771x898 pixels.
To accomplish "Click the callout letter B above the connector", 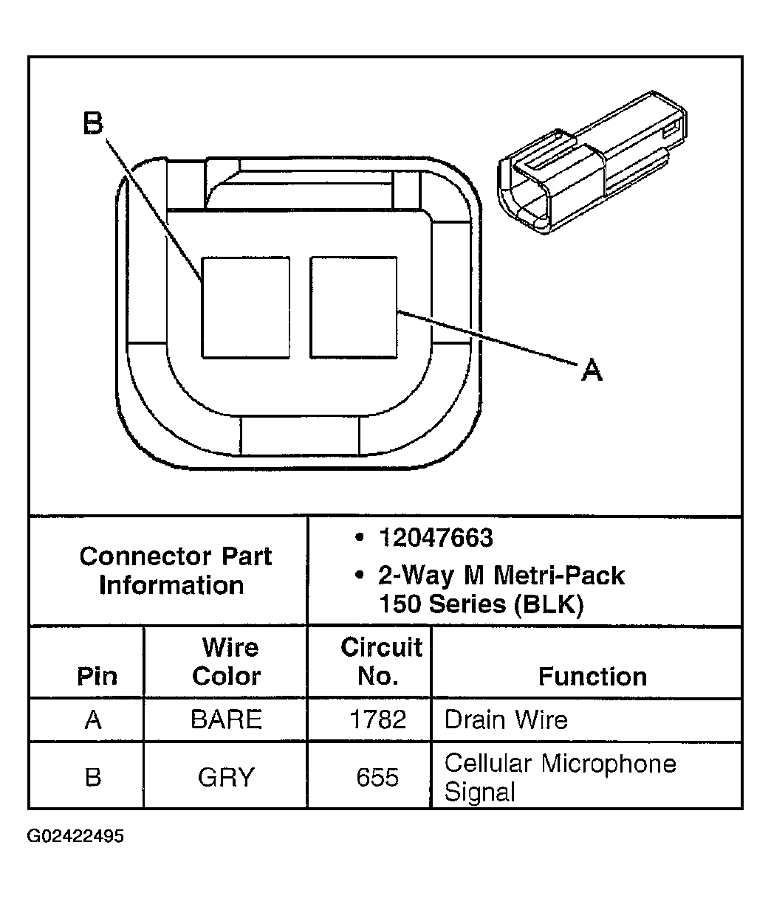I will tap(92, 124).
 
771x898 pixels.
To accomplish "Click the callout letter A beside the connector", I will tap(592, 369).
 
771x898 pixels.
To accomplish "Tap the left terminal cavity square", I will tap(246, 308).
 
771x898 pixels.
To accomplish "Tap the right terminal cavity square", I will tap(354, 307).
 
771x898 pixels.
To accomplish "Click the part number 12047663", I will tap(435, 538).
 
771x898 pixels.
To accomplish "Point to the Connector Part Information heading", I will tap(175, 570).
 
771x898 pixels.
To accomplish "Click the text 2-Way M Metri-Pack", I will tap(501, 575).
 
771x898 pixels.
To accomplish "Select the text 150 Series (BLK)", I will tap(481, 604).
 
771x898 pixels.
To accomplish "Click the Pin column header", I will tap(97, 677).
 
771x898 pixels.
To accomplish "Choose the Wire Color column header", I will tap(227, 662).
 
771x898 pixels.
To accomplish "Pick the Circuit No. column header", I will tap(380, 662).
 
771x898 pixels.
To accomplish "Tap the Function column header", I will tap(592, 677).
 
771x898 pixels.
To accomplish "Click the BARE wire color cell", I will tap(226, 720).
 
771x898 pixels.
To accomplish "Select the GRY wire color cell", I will tap(226, 778).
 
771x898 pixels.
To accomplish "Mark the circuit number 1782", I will tap(377, 720).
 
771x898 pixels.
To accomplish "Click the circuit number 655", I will tap(377, 778).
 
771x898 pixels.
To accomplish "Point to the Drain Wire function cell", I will tap(506, 720).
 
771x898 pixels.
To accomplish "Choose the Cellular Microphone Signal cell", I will tap(560, 778).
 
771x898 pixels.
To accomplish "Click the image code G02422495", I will tap(76, 837).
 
